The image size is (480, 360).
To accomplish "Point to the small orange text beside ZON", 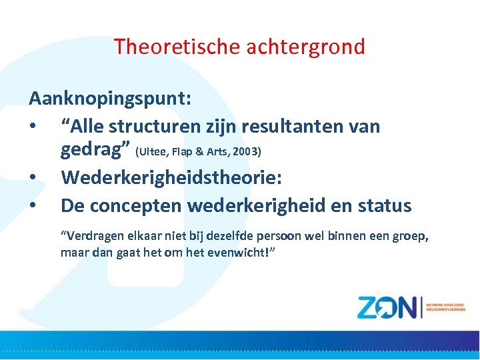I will point(446,306).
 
